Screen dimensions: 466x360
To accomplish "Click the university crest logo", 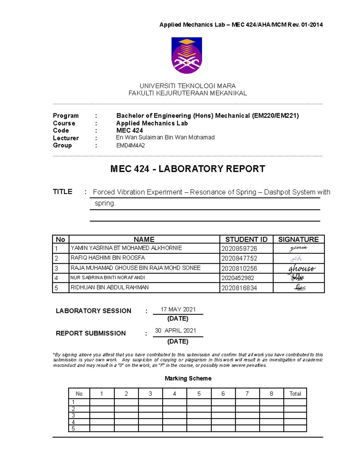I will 187,56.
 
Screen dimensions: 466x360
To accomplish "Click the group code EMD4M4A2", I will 130,146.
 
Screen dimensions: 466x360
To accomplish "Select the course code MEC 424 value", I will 130,131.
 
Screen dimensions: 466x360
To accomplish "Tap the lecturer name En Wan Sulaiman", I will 165,137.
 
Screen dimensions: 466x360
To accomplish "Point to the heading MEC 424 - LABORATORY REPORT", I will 187,169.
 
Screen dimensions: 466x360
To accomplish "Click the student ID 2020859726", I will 239,248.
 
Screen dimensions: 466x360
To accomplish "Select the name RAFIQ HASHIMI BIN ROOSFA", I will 107,258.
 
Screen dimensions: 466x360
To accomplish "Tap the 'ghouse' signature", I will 301,268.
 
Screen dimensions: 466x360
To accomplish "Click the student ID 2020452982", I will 238,278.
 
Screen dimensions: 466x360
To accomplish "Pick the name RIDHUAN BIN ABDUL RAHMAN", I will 109,287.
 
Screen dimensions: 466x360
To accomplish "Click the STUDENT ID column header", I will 246,239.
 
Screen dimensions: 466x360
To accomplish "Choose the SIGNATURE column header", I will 298,239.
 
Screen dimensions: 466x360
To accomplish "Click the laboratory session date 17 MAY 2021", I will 178,309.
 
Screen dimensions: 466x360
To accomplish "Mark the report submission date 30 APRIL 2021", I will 175,331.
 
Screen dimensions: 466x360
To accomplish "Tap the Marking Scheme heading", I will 188,378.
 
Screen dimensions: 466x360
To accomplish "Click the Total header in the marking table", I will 295,394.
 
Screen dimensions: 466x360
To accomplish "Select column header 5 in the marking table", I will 199,394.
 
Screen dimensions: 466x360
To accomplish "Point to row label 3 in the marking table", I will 73,415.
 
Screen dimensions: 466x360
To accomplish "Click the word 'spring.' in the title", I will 105,203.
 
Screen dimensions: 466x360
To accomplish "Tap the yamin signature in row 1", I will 298,248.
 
